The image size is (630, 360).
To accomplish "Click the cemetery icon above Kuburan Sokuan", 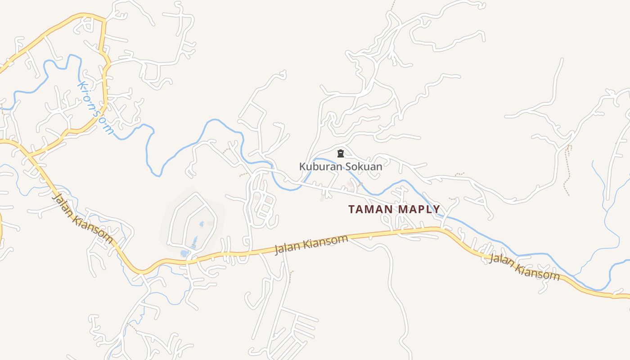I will [341, 153].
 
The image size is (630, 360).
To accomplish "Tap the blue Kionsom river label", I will [95, 108].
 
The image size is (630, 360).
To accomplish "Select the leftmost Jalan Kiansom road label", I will [82, 218].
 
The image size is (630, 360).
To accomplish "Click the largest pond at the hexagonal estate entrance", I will [184, 253].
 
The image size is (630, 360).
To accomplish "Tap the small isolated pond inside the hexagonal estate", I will [201, 224].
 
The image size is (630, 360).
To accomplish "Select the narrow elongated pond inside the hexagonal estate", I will [194, 242].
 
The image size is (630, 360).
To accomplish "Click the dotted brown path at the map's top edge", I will [393, 5].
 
